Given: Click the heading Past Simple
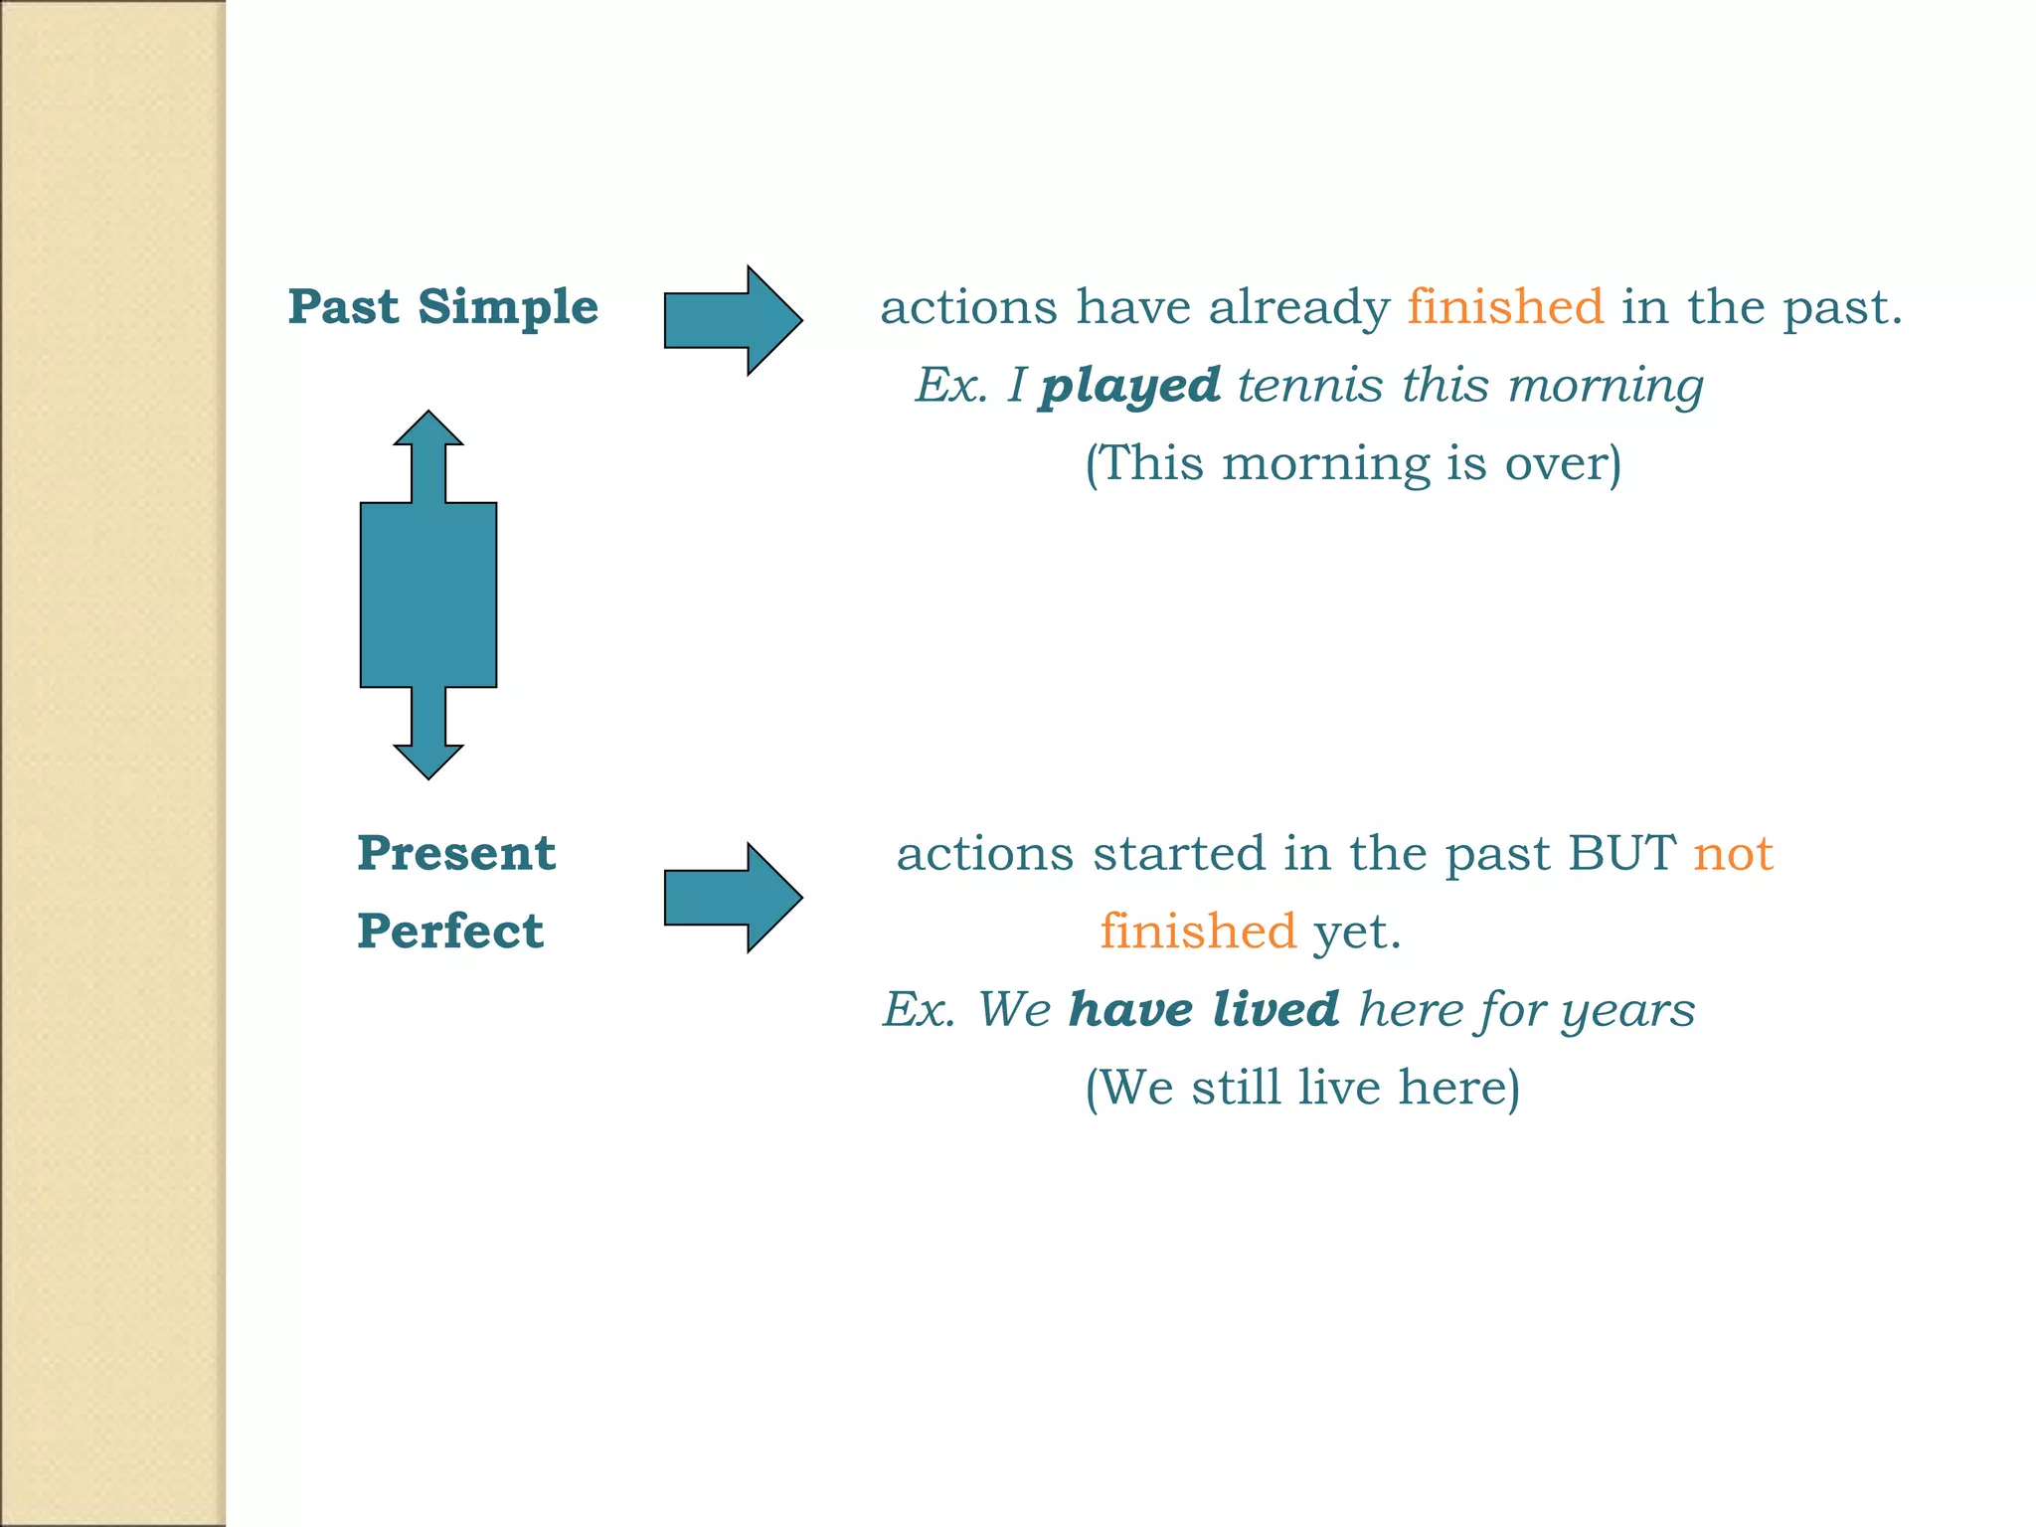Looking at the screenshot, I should [442, 306].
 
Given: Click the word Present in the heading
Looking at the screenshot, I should [456, 853].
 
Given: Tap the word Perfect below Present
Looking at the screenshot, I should [450, 932].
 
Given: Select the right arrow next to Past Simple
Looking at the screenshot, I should [733, 320].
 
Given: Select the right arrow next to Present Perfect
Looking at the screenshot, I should [733, 898].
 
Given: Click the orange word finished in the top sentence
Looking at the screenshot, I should [1505, 306].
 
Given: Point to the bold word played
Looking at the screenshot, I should [1130, 386].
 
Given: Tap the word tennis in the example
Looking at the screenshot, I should [1309, 386].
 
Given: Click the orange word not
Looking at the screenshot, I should [1734, 853].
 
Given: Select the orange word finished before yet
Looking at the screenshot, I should [1198, 932].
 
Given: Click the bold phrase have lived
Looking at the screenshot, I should [1204, 1009].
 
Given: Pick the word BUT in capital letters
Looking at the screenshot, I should [1621, 853].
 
